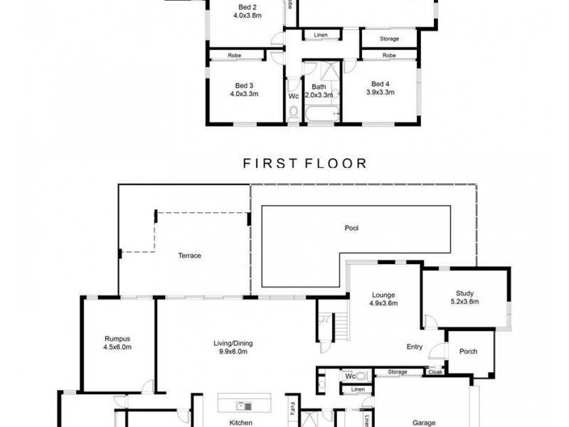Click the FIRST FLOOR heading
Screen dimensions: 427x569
[304, 164]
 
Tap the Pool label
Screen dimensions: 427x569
[351, 228]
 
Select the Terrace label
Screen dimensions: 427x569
[190, 255]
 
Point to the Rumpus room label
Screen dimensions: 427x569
[117, 339]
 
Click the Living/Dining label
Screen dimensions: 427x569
[233, 343]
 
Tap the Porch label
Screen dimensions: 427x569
[469, 352]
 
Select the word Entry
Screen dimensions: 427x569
[415, 347]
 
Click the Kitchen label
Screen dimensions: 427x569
[240, 422]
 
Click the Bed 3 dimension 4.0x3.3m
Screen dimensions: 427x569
[244, 93]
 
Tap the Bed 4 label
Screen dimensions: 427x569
[381, 83]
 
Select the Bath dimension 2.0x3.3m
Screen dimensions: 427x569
[319, 94]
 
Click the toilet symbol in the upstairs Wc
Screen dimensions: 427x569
[294, 111]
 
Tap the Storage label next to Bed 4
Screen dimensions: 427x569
[389, 38]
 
